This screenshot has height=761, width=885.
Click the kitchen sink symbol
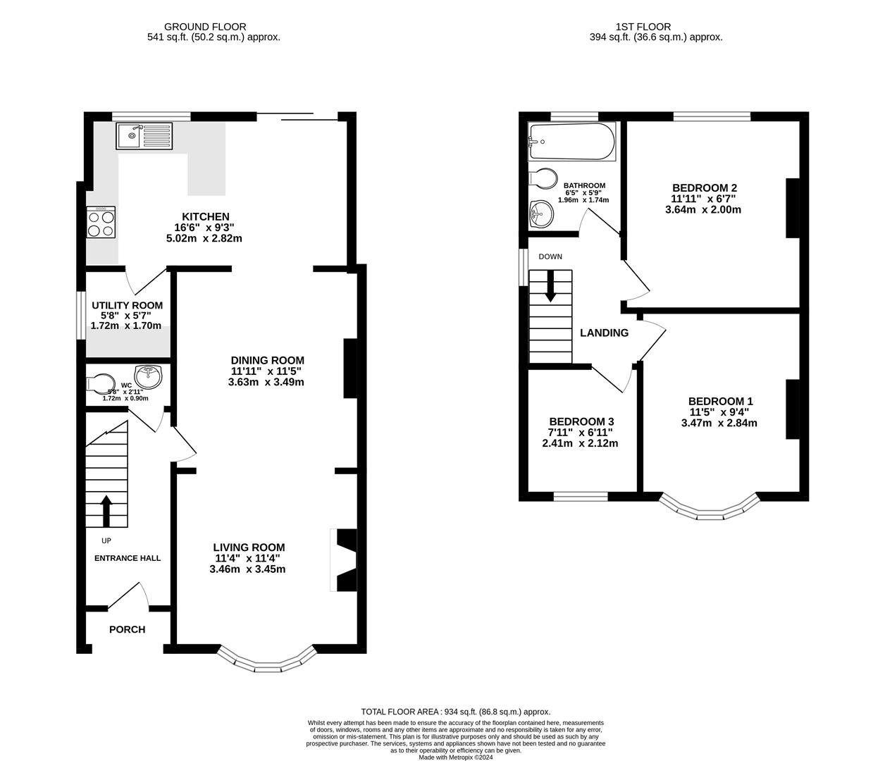tap(144, 135)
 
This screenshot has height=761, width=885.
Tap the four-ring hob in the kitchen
tap(101, 223)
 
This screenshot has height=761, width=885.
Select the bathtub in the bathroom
tap(571, 142)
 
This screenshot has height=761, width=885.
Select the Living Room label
tap(249, 547)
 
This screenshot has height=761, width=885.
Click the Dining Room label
tap(267, 360)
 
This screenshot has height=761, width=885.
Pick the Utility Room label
tap(128, 305)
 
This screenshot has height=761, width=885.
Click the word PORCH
tap(127, 629)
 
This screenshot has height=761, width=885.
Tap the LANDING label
tap(604, 333)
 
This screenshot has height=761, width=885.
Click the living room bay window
tap(266, 662)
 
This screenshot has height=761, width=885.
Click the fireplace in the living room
tap(342, 560)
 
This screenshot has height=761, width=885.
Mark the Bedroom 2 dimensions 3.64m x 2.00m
tap(704, 209)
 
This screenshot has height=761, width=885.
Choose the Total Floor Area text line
tap(455, 712)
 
